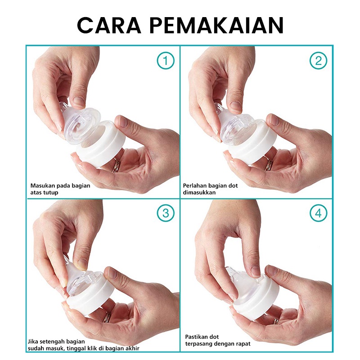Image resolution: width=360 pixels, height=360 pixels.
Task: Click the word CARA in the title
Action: coord(109,25)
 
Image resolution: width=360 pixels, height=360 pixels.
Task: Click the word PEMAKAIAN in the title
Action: coord(217,25)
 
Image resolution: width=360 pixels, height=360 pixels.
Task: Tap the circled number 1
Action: coord(166,61)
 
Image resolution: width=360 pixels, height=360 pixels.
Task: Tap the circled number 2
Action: coord(318,61)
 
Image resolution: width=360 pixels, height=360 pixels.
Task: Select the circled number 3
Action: coord(166,213)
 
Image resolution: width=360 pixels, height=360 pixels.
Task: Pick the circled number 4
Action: coord(318,213)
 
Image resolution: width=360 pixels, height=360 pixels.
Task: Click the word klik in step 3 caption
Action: coord(93,348)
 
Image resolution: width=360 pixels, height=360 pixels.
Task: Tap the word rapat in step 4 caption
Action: coord(243,344)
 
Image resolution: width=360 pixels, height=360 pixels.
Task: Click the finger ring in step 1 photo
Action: coord(116,166)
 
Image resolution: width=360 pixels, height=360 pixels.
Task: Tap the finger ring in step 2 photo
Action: coord(268,163)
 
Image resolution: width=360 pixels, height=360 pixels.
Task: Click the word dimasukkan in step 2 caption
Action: coord(199,193)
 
